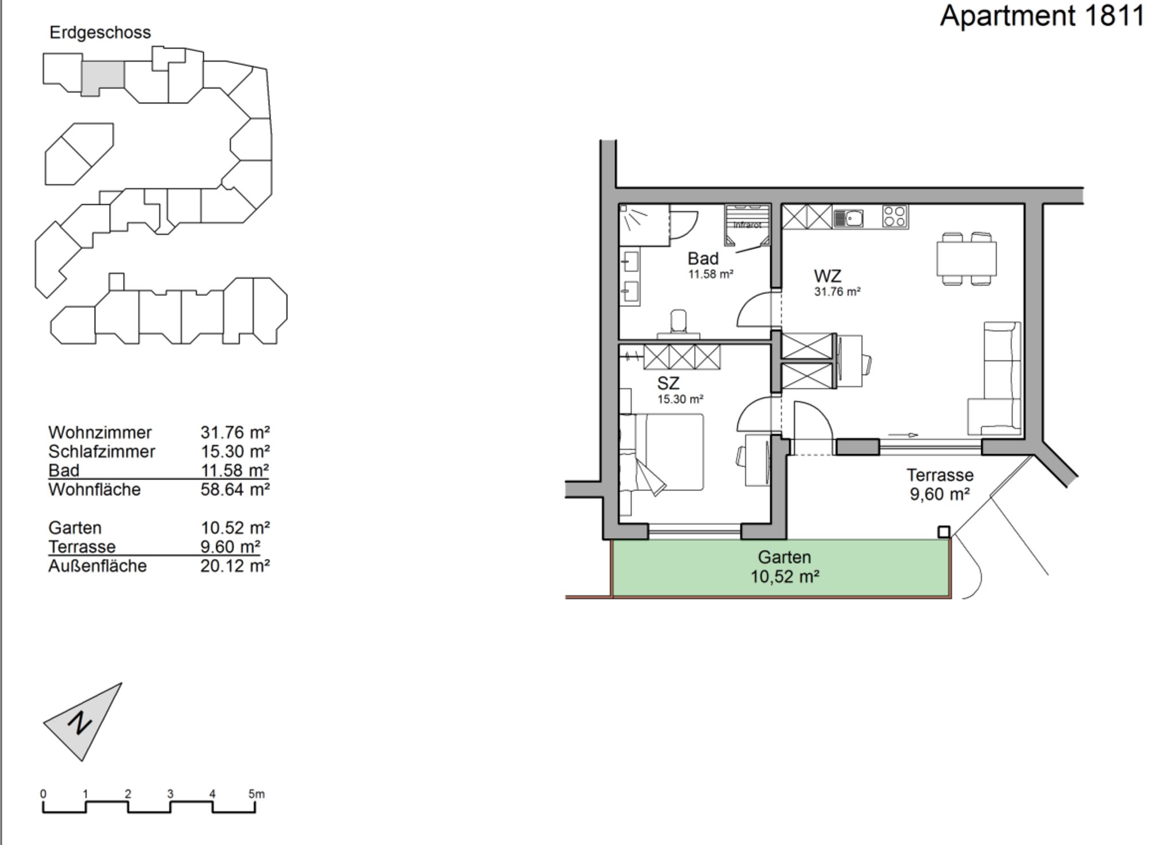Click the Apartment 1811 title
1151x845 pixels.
click(1042, 16)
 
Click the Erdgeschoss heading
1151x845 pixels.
click(100, 32)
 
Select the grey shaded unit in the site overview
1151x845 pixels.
click(102, 77)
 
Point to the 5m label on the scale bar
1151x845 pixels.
click(257, 794)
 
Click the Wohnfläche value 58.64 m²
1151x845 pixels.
click(235, 489)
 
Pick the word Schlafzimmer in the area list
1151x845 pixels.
click(102, 451)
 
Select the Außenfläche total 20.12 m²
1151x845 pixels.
click(235, 566)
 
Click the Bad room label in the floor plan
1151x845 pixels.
click(703, 258)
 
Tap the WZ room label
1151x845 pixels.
click(828, 276)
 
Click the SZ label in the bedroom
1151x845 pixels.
click(668, 383)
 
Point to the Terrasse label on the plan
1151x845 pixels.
click(940, 475)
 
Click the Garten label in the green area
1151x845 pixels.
click(784, 557)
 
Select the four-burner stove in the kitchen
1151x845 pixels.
click(895, 217)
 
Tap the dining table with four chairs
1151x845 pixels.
click(966, 258)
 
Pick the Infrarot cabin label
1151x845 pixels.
click(747, 225)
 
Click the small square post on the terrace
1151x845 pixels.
click(944, 532)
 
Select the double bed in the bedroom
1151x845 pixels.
click(662, 452)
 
